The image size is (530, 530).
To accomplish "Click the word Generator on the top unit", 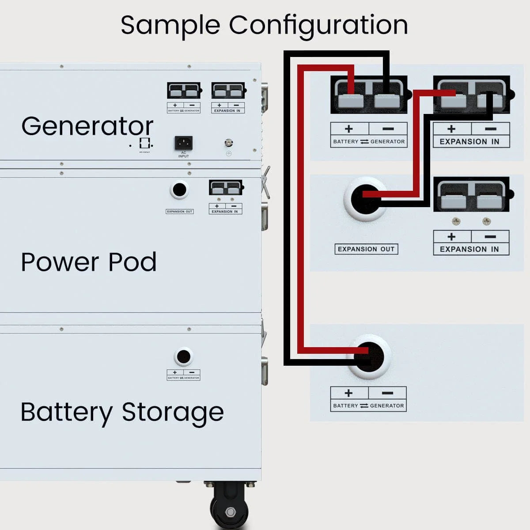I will point(87,126).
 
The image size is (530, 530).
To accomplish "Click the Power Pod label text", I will point(89,262).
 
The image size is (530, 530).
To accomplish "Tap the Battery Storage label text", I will point(122,412).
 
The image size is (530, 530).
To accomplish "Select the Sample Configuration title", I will point(264,25).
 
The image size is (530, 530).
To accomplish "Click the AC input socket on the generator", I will point(183,143).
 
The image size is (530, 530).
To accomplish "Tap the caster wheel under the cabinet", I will point(230,508).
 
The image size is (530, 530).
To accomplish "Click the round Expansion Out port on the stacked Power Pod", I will point(179,190).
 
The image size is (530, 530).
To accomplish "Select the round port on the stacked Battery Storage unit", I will point(183,356).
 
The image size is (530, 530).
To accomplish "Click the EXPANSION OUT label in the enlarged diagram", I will point(366,249).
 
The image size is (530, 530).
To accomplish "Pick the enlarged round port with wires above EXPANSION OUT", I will point(366,199).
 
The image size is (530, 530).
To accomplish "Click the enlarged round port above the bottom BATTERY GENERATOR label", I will point(369,357).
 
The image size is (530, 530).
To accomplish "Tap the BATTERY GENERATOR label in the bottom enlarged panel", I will point(368,405).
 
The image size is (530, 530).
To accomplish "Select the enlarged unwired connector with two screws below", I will point(472,195).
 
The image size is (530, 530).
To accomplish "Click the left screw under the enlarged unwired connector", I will point(456,221).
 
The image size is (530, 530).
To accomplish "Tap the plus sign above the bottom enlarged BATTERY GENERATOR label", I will point(348,393).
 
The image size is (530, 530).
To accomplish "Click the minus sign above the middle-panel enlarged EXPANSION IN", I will point(490,237).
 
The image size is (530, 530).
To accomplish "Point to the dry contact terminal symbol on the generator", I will point(145,143).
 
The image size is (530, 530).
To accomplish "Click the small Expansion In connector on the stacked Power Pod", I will point(226,188).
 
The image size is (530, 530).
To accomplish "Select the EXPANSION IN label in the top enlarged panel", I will point(469,141).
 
